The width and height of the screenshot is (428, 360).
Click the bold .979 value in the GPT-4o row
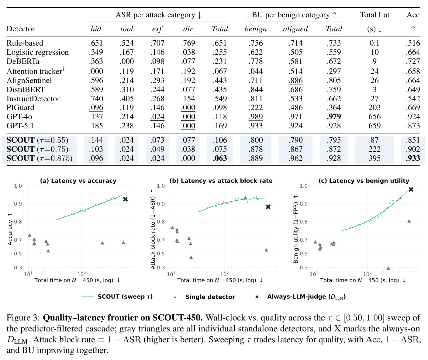point(334,116)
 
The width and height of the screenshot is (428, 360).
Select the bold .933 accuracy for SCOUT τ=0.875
point(413,158)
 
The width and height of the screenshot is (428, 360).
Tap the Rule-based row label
point(25,43)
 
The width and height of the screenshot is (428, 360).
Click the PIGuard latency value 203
point(374,107)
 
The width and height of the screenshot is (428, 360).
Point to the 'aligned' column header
point(295,29)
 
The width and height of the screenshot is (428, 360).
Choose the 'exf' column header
point(157,29)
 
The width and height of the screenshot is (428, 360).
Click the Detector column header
point(21,29)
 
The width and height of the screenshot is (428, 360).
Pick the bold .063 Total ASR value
point(220,158)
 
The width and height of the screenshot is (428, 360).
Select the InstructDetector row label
point(33,99)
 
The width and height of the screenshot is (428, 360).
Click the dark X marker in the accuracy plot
point(125,199)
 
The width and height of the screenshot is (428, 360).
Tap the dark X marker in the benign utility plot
point(411,189)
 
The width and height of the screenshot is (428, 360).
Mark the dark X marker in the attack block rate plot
point(268,207)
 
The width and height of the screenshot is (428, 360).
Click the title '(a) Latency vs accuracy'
point(78,181)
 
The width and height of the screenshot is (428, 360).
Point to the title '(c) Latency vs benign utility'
point(364,181)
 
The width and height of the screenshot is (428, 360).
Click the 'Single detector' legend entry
point(210,297)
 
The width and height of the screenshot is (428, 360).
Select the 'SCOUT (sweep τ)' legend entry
point(125,297)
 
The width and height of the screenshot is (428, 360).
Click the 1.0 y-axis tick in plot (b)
point(161,186)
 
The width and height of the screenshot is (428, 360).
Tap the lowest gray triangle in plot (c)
point(388,268)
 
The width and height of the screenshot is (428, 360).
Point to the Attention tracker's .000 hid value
point(96,71)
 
